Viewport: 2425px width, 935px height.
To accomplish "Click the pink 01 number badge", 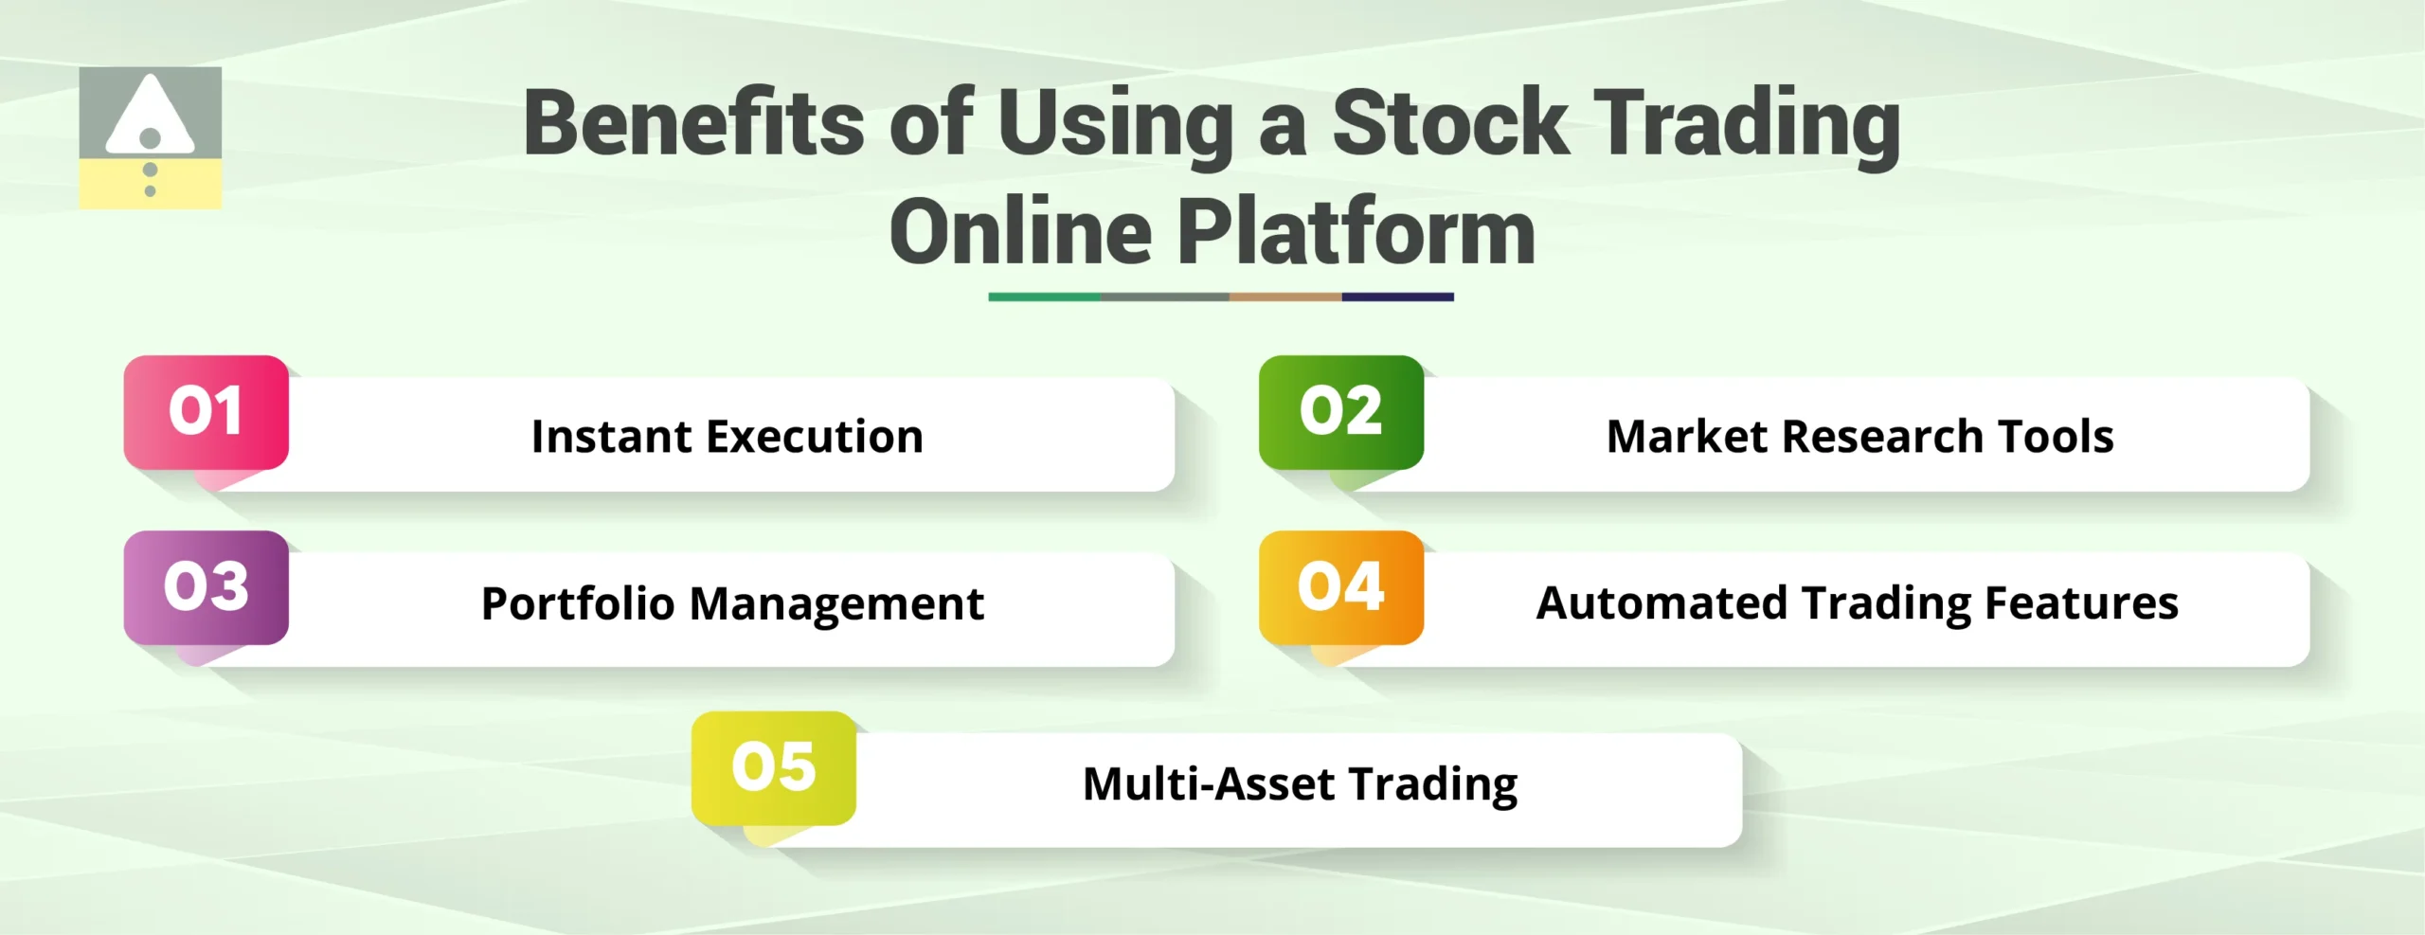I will [x=206, y=412].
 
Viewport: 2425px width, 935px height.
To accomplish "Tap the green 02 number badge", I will [x=1340, y=412].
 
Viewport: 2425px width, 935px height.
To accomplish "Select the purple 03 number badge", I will [x=206, y=587].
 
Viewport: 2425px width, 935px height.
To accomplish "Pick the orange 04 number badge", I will [x=1340, y=587].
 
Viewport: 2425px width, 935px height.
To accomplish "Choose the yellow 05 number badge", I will [x=773, y=767].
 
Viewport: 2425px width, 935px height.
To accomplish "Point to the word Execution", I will [x=815, y=437].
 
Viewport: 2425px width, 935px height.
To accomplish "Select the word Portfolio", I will [x=577, y=603].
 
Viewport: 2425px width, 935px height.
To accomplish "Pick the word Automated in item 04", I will [x=1662, y=603].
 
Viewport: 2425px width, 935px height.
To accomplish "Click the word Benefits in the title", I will [x=693, y=123].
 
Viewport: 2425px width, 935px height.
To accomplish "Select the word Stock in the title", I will [x=1449, y=123].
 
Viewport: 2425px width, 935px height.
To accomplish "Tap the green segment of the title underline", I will [x=1044, y=297].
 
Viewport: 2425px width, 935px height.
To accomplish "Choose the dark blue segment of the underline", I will [x=1397, y=297].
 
